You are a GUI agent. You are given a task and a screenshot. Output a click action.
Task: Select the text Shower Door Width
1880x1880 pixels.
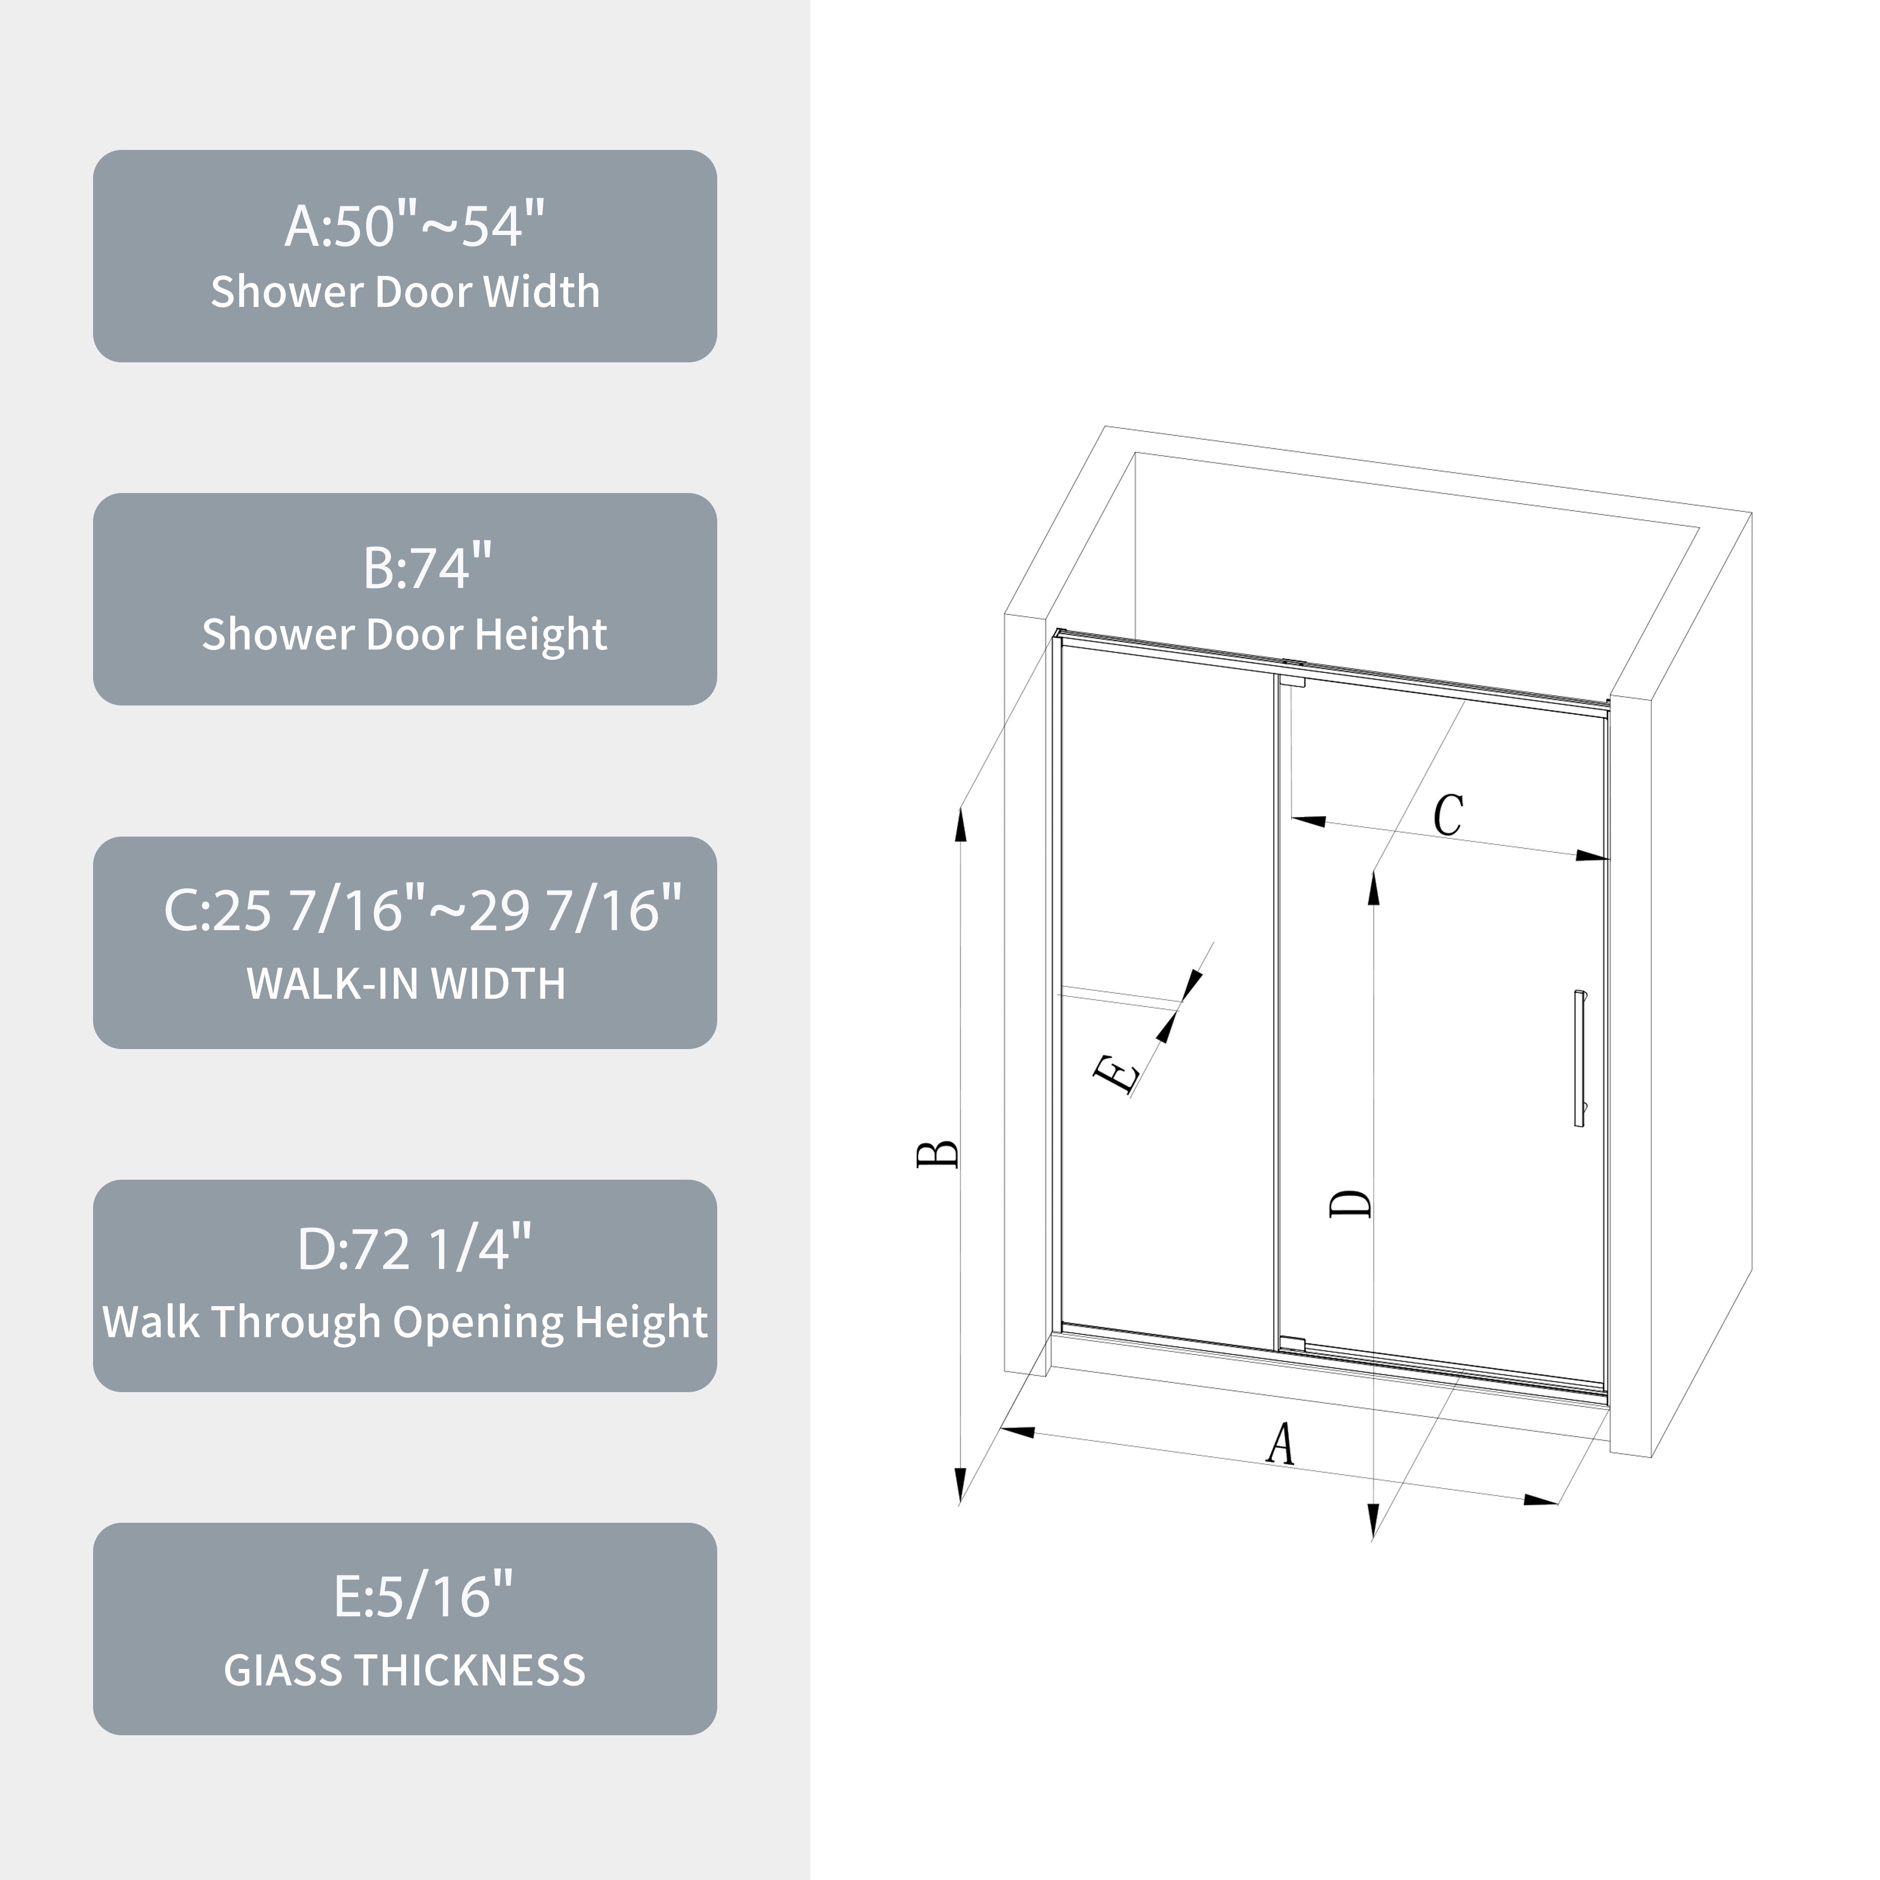click(x=406, y=292)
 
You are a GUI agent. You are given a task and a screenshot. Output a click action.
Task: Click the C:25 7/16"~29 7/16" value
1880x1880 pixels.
click(x=423, y=910)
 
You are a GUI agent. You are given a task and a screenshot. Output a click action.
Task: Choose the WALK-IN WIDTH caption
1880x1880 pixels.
click(x=406, y=984)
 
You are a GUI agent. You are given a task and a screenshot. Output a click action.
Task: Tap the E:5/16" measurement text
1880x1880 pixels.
click(x=423, y=1596)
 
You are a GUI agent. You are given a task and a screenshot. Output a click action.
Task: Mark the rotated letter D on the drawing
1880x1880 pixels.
click(x=1351, y=1203)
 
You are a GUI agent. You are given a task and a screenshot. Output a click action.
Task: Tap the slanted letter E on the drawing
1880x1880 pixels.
click(x=1117, y=1074)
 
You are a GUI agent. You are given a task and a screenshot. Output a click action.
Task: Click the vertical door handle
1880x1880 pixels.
click(x=1579, y=1059)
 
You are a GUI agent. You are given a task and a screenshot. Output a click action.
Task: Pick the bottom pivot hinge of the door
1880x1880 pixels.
click(x=1292, y=1344)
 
